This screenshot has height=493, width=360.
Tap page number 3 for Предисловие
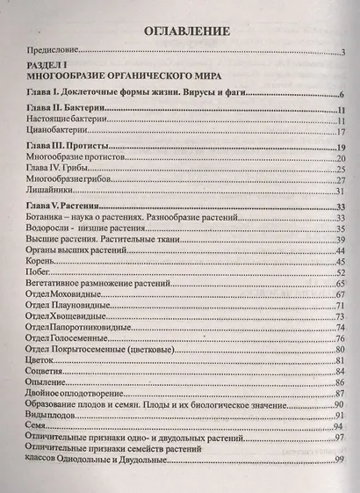pyautogui.click(x=342, y=55)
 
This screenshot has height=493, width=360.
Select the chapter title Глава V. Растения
pyautogui.click(x=67, y=205)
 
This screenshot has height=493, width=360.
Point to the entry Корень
pyautogui.click(x=44, y=261)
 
